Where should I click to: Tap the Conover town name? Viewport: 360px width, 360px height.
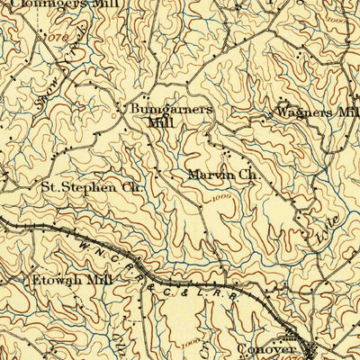click(267, 347)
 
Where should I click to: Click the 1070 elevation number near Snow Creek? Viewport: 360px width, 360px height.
click(53, 39)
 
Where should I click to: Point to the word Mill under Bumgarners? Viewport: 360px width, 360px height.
click(162, 121)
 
